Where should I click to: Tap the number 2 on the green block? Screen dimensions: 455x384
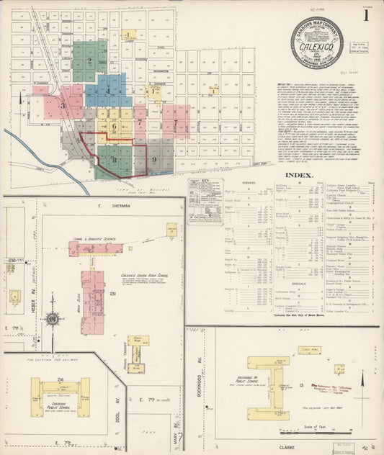pos(89,61)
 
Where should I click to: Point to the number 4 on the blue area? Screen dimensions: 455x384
pos(107,91)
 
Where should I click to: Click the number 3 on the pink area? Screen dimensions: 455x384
pos(63,105)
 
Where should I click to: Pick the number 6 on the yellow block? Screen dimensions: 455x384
pos(113,126)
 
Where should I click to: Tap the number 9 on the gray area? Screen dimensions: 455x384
pos(154,158)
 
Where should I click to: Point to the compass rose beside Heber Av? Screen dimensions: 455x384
pos(52,318)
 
